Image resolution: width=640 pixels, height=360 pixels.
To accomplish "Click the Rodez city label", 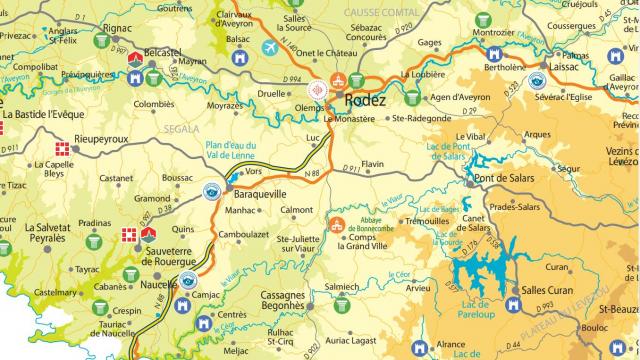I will [x=365, y=100].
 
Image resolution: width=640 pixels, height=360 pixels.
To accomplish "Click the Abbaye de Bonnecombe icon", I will [x=339, y=225].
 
